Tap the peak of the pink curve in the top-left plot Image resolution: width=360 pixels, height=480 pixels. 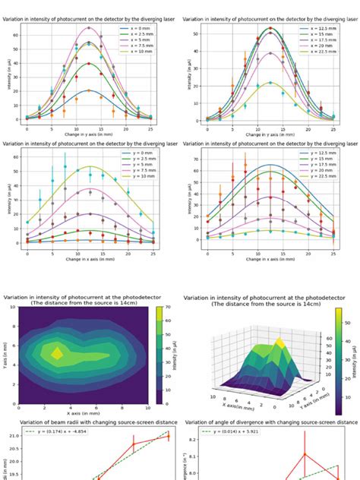point(89,27)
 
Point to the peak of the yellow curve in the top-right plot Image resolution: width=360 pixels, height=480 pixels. point(270,83)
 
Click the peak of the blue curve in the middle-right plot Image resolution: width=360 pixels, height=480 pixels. point(270,165)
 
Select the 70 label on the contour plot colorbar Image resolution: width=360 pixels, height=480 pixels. point(171,307)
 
